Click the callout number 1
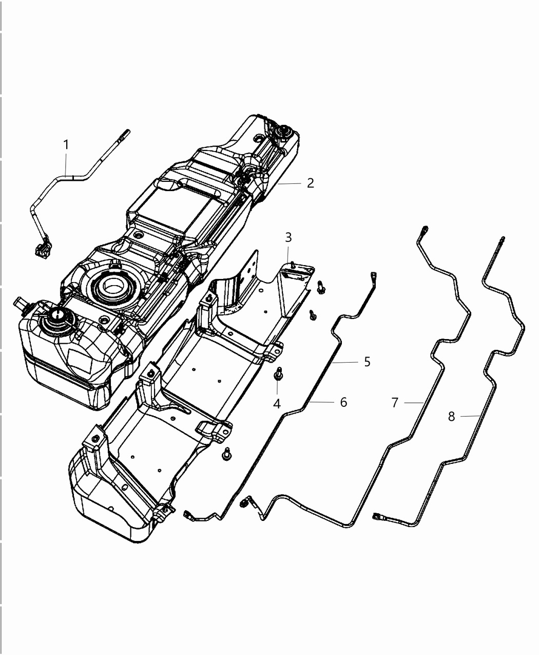pyautogui.click(x=66, y=145)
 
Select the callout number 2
pyautogui.click(x=310, y=183)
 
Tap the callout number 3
pyautogui.click(x=288, y=237)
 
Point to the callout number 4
pyautogui.click(x=277, y=404)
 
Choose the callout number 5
pyautogui.click(x=367, y=361)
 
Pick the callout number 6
pyautogui.click(x=343, y=402)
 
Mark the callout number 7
pyautogui.click(x=394, y=402)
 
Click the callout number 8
pyautogui.click(x=451, y=416)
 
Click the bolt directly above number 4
pyautogui.click(x=278, y=373)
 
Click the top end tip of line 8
pyautogui.click(x=502, y=239)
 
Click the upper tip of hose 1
pyautogui.click(x=126, y=133)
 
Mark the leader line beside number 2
pyautogui.click(x=291, y=183)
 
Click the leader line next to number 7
pyautogui.click(x=413, y=403)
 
